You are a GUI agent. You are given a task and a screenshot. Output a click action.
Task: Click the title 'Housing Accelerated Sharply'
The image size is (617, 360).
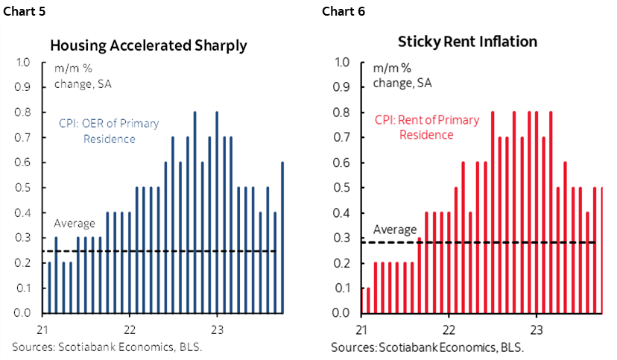click(x=148, y=45)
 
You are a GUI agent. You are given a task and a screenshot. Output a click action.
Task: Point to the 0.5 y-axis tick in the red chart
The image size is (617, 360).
click(x=344, y=188)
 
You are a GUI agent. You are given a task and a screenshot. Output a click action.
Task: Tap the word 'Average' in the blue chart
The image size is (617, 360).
click(x=75, y=223)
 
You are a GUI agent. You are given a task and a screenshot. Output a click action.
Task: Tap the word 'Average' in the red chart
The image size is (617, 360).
click(x=394, y=229)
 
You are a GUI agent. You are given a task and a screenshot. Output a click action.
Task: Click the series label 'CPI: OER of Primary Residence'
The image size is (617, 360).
click(x=109, y=130)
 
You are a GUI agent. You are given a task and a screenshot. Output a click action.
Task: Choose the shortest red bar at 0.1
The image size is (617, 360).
click(x=368, y=300)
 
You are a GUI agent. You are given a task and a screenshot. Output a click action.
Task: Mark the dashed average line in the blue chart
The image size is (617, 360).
click(x=164, y=251)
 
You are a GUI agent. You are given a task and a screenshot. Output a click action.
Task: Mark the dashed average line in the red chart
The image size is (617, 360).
click(x=484, y=242)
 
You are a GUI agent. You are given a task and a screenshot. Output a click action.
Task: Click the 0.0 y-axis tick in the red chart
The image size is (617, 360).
click(x=344, y=313)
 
